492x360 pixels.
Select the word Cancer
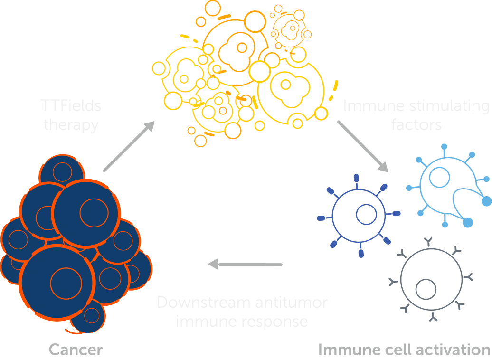coord(76,351)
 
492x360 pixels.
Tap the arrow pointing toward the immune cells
coord(363,146)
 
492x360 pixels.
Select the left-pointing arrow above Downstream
coord(245,264)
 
